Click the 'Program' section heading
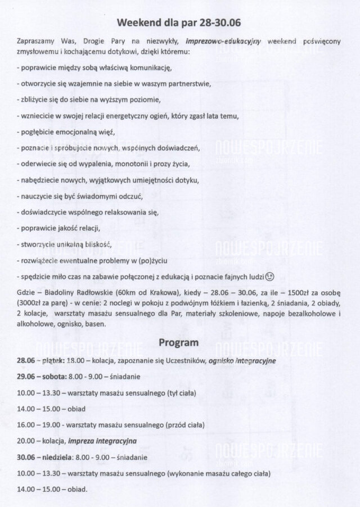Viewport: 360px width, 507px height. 178,342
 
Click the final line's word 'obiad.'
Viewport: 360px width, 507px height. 76,490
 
